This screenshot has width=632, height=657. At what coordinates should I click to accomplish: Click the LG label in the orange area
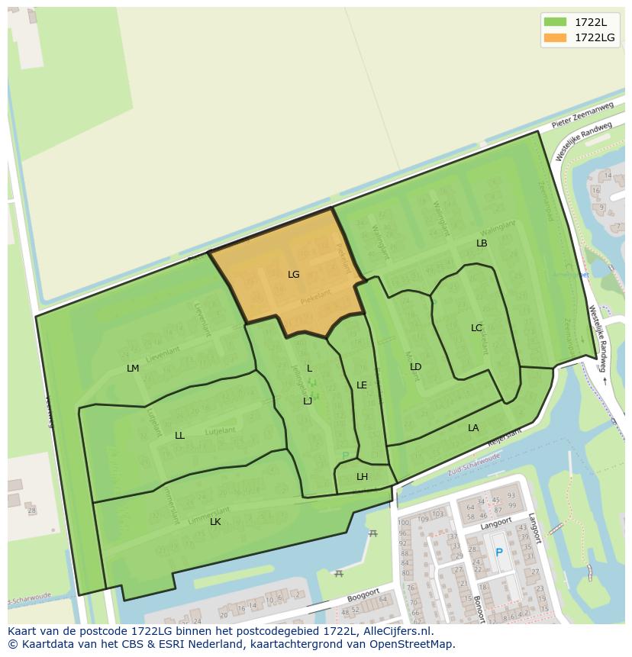tap(294, 275)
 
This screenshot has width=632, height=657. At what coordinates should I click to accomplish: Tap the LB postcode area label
tap(482, 243)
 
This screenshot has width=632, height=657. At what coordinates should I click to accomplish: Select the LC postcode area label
tap(476, 328)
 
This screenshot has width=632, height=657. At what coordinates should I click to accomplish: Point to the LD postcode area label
tap(415, 367)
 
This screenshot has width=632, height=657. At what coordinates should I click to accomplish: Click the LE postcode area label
tap(362, 385)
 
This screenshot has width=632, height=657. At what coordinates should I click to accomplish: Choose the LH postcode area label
tap(362, 477)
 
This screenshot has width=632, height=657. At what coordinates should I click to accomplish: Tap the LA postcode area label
tap(473, 428)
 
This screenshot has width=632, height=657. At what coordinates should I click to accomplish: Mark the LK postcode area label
tap(215, 522)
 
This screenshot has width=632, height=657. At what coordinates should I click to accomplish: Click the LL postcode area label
tap(179, 436)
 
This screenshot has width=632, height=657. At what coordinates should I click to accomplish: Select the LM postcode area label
tap(133, 369)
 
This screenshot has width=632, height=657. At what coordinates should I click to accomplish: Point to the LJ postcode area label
tap(308, 401)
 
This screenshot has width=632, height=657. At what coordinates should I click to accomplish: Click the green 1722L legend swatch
tap(555, 22)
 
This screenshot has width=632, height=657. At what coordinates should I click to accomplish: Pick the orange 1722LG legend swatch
tap(555, 37)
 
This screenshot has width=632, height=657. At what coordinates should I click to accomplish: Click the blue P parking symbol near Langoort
tap(499, 552)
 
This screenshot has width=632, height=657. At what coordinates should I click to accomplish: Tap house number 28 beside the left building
tap(31, 510)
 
